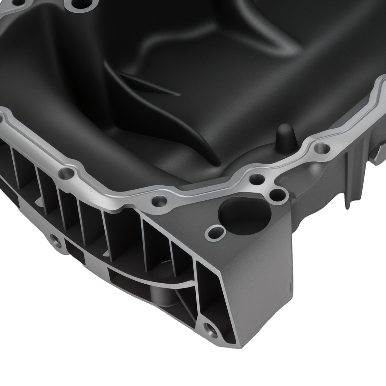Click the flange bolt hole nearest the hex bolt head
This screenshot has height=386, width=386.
click(x=322, y=147)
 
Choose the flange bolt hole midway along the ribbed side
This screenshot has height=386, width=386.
click(x=159, y=200)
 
